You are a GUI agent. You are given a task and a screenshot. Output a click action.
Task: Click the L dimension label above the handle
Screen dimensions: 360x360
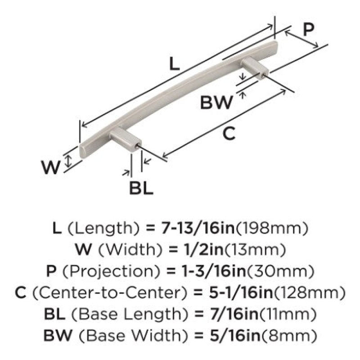point(174,63)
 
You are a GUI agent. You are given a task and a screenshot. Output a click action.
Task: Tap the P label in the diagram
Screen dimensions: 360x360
point(308,30)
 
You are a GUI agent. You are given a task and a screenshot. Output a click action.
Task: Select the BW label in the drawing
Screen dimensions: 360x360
point(216,103)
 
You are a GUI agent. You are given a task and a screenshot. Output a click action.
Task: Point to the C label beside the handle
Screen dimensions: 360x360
point(229,133)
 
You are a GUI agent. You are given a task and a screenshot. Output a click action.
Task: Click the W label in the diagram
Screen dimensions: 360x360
point(50,167)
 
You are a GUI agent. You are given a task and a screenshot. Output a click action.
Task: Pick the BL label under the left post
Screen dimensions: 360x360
point(141,188)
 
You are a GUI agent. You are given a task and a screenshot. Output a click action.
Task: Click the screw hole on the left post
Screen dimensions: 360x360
point(138,145)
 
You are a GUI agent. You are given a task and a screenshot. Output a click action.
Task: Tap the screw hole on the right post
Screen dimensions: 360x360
point(264,75)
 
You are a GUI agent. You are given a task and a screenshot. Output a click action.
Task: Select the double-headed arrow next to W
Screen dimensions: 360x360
point(68,161)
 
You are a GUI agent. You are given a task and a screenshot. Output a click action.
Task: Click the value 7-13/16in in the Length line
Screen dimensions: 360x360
point(198,228)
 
